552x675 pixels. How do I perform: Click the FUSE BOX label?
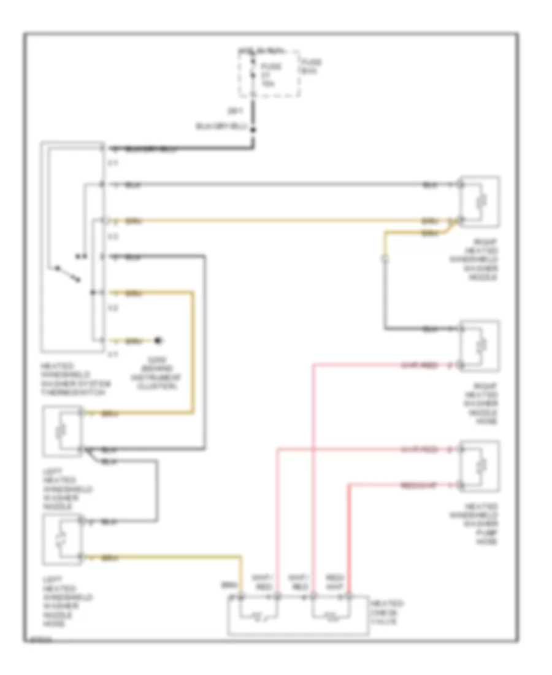310,67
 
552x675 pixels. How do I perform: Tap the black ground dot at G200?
158,339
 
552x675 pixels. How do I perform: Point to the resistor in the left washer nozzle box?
59,431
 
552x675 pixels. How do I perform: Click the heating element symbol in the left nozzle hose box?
59,539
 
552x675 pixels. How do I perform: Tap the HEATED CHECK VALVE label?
386,612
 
